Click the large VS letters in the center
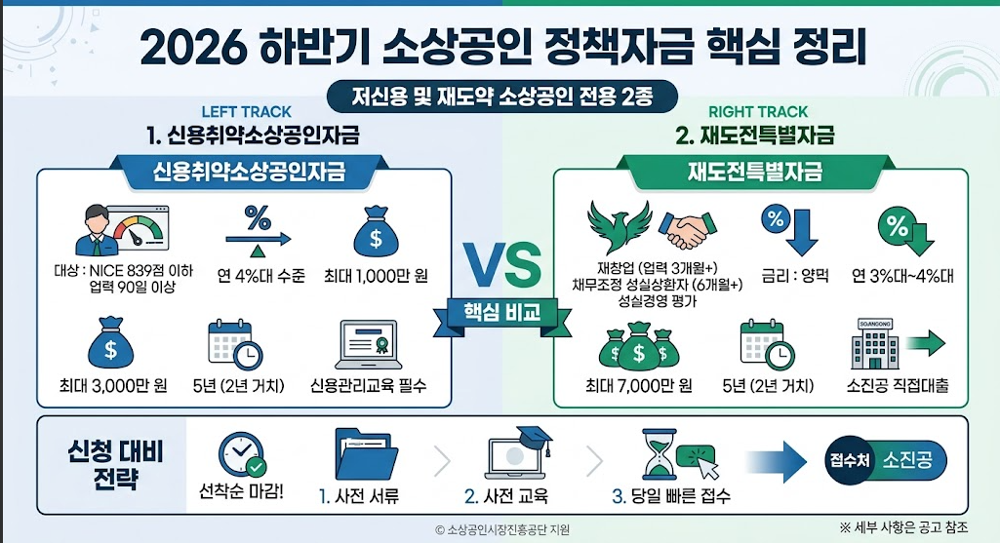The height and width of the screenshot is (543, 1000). point(501,265)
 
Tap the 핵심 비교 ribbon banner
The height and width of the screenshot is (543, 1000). point(501,314)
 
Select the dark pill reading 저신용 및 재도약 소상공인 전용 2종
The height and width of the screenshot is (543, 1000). point(501,97)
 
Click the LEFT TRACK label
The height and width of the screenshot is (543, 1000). point(246,112)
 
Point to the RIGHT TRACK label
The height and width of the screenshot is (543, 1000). point(758,112)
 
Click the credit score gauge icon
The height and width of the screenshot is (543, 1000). point(123,230)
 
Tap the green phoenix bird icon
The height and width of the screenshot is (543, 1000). point(620,227)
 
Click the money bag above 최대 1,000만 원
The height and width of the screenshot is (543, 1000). point(376,231)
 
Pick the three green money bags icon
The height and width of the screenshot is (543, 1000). point(639,347)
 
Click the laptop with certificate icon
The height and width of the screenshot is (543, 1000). point(368,345)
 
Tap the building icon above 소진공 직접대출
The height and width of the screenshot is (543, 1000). point(875,345)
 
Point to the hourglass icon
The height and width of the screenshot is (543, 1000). point(660,453)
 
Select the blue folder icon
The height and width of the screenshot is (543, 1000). point(366,454)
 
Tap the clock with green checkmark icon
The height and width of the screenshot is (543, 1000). point(242,455)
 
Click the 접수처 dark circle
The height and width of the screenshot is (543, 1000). point(850,460)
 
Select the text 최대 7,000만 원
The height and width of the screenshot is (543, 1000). point(639,386)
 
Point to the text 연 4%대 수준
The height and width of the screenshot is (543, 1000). point(260,276)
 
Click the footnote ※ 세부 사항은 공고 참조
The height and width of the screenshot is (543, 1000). point(903,527)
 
